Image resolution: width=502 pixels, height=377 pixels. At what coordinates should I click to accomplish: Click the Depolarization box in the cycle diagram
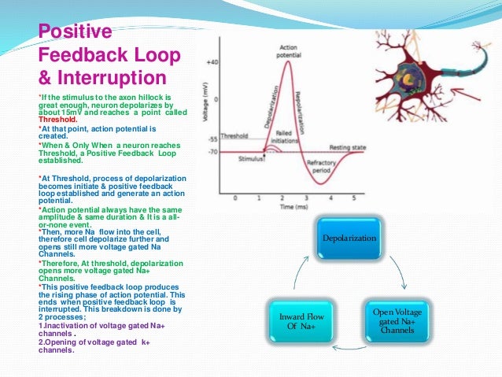tap(347, 237)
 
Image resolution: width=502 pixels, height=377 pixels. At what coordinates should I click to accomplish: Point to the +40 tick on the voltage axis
tap(212, 61)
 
